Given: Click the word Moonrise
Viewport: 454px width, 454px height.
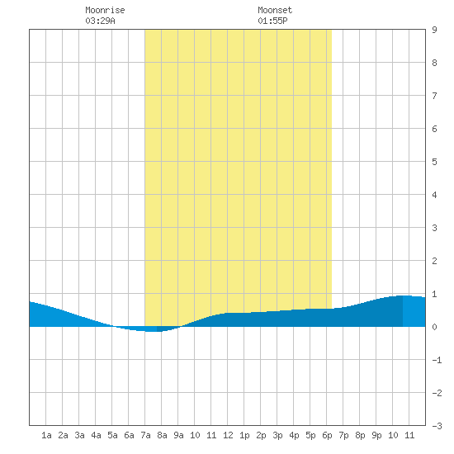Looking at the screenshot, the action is (105, 10).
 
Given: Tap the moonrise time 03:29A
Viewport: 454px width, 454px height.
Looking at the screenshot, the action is (100, 21).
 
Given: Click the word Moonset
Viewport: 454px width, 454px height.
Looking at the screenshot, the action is (275, 10).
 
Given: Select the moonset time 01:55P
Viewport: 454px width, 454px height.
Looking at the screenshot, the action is (272, 21).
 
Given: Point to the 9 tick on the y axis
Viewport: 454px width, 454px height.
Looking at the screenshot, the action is (434, 30).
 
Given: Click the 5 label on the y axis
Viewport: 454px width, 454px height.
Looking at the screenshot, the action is (434, 162).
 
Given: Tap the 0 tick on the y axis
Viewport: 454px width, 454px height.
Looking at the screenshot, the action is (434, 327).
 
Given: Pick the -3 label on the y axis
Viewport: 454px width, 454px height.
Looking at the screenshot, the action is (437, 426).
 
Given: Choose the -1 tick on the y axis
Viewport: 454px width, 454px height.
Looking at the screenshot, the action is (437, 360).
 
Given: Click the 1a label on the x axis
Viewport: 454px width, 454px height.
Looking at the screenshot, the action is (46, 435).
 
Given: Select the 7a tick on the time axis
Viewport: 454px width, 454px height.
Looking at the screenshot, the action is (145, 435).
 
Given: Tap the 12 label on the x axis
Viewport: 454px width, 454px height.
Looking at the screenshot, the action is (228, 435).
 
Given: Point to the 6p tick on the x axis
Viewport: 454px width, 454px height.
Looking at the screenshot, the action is (327, 435).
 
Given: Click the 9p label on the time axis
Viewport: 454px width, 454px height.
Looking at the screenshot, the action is (376, 435).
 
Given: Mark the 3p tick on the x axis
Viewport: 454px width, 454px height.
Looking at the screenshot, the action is (277, 435).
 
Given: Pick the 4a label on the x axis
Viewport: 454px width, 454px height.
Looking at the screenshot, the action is (96, 435).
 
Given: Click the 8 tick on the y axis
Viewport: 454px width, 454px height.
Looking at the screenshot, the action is (434, 63).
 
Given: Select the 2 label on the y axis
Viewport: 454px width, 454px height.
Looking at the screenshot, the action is (434, 261).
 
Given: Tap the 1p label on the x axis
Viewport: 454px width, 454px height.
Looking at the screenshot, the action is (244, 435).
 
